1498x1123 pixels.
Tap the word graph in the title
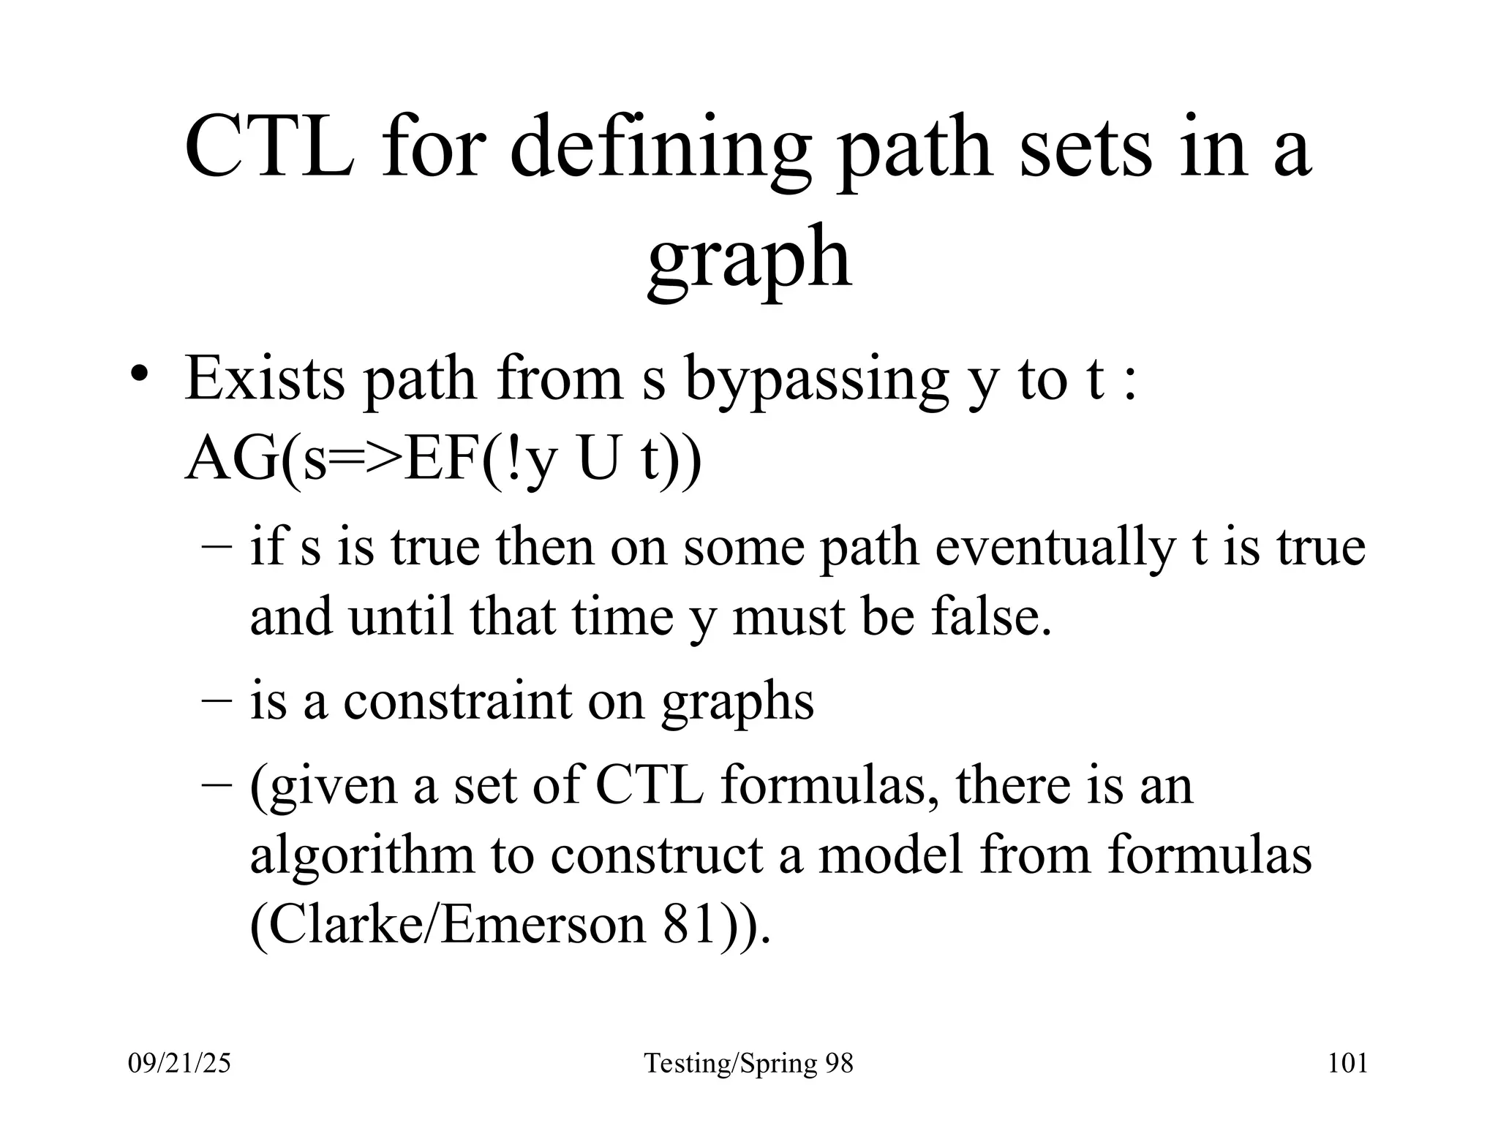pos(749,260)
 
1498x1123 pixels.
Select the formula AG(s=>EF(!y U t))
pos(443,461)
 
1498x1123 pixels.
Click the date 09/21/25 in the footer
pos(179,1063)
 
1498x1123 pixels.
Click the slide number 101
pos(1347,1063)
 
